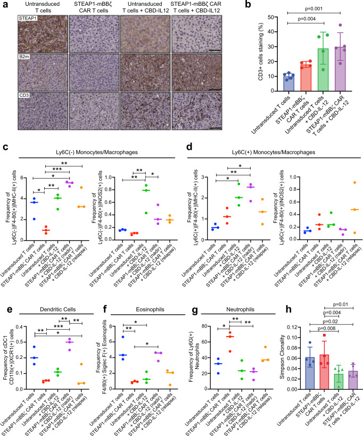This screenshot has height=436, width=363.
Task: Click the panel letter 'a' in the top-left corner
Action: click(4, 4)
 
